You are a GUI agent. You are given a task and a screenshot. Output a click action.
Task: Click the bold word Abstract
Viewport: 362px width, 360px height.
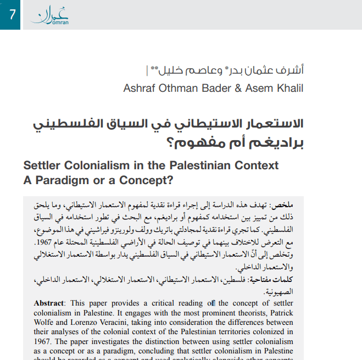click(x=49, y=303)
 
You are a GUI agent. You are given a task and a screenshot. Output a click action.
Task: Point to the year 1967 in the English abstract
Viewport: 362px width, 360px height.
click(x=45, y=342)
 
